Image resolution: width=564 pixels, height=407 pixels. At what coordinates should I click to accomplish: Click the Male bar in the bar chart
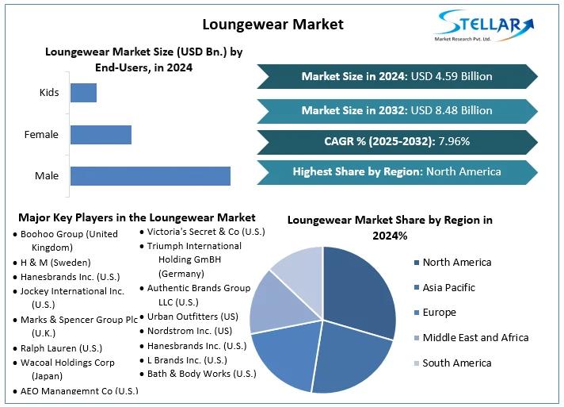151,175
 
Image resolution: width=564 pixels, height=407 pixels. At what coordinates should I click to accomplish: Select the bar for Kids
83,93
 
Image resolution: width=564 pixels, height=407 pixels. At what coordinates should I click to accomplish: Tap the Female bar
101,134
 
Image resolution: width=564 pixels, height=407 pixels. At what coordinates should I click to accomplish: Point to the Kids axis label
48,93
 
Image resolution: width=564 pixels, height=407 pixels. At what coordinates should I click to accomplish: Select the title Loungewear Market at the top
272,24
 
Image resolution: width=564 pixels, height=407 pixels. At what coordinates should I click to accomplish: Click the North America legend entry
456,262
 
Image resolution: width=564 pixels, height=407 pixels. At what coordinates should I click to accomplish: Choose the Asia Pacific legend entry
448,287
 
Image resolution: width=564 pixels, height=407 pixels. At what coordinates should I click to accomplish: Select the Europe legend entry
440,313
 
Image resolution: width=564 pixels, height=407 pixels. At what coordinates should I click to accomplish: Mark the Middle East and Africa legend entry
475,337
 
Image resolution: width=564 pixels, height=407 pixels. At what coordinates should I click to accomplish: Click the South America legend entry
456,363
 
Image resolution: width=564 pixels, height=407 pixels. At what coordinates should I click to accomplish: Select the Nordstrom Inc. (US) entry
189,331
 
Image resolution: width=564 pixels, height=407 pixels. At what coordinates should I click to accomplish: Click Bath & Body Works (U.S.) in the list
201,373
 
